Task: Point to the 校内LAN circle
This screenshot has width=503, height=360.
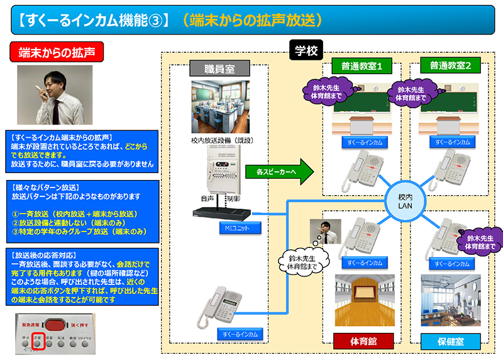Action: point(405,201)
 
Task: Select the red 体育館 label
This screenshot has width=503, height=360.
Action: point(363,341)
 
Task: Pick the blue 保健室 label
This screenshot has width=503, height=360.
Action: point(451,341)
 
